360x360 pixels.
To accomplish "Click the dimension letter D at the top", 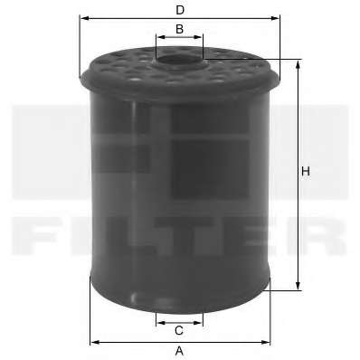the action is (180, 10).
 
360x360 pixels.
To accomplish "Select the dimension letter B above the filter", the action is (179, 29).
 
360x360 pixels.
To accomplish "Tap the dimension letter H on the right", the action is (306, 172).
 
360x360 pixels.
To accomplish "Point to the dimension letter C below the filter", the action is (179, 330).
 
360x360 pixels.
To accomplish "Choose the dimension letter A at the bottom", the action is (179, 351).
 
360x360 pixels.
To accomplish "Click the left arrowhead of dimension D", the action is (85, 18).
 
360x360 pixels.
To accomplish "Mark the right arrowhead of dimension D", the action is (275, 18).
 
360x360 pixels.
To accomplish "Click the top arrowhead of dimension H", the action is (298, 65).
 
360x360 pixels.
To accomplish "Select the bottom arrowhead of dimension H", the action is (298, 285).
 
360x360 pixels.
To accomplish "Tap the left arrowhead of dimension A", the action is (95, 342).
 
